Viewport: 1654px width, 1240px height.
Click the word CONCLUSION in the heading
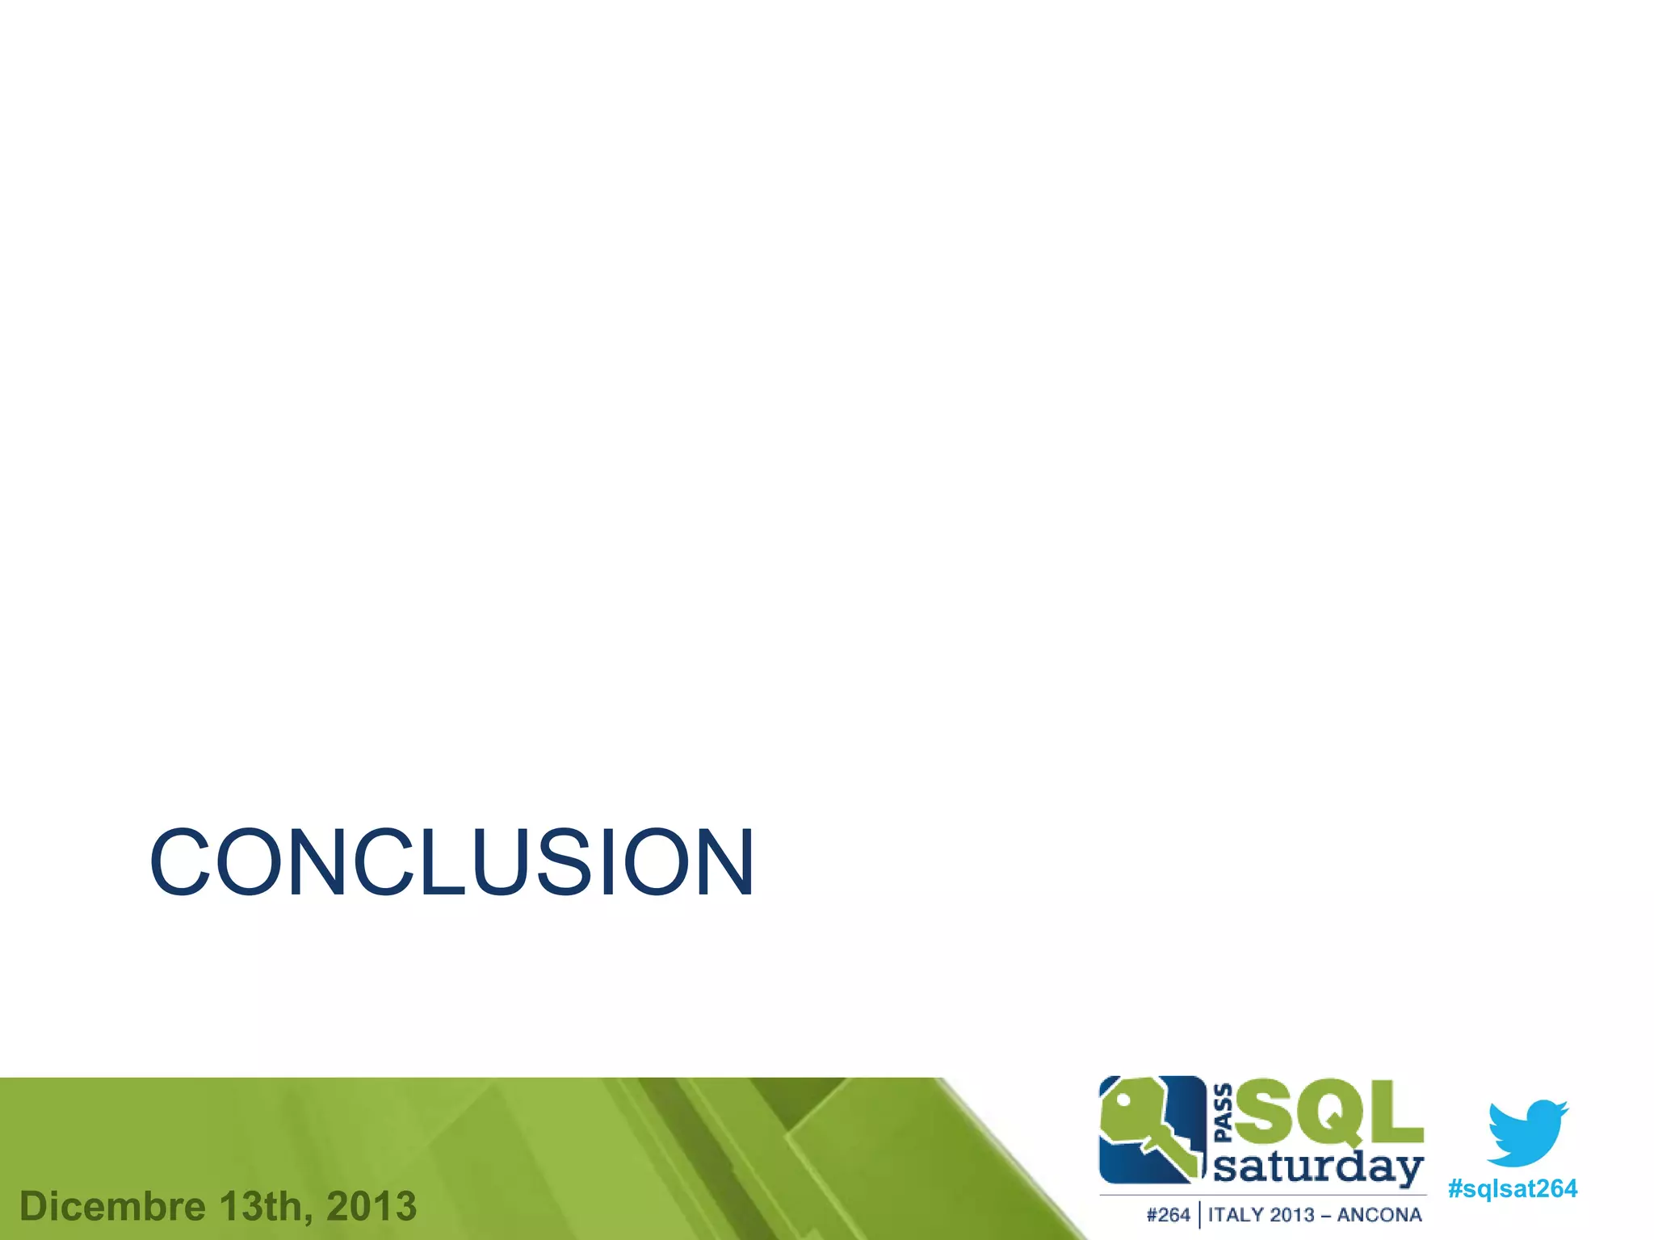452,862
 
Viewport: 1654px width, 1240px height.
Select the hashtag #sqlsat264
1512,1189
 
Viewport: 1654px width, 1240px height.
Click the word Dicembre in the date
112,1207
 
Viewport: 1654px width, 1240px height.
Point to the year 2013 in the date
372,1207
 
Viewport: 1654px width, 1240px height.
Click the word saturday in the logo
1318,1168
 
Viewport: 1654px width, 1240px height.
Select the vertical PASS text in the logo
1224,1113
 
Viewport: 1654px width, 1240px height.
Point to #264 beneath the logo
1168,1215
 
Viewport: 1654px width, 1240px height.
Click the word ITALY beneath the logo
1236,1215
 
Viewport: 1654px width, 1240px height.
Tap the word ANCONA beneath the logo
1379,1215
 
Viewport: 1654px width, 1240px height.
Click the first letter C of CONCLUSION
179,862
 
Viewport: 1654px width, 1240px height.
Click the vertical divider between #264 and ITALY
1199,1215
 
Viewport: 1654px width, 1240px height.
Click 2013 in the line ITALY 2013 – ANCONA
1292,1215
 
